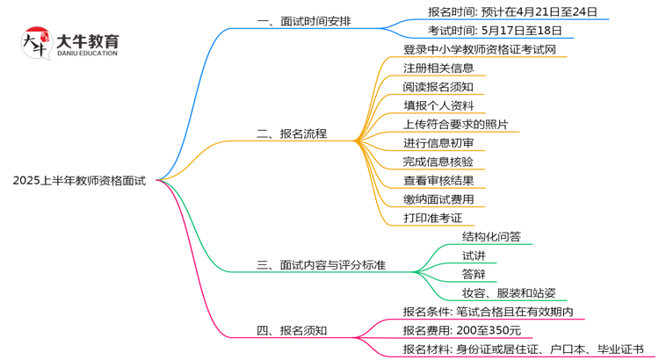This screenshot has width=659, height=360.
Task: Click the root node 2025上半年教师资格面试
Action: [80, 180]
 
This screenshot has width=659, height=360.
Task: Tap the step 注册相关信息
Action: [438, 68]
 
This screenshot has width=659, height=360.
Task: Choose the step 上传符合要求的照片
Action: [455, 124]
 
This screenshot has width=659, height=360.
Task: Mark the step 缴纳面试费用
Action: [438, 198]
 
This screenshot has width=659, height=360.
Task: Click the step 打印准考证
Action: [432, 217]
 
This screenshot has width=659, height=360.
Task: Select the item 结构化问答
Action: [491, 236]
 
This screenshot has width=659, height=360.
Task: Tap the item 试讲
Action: [474, 255]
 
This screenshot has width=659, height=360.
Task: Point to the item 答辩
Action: [474, 274]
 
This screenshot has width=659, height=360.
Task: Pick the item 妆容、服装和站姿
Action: [509, 292]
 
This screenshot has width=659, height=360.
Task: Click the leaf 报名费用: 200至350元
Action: [462, 330]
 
